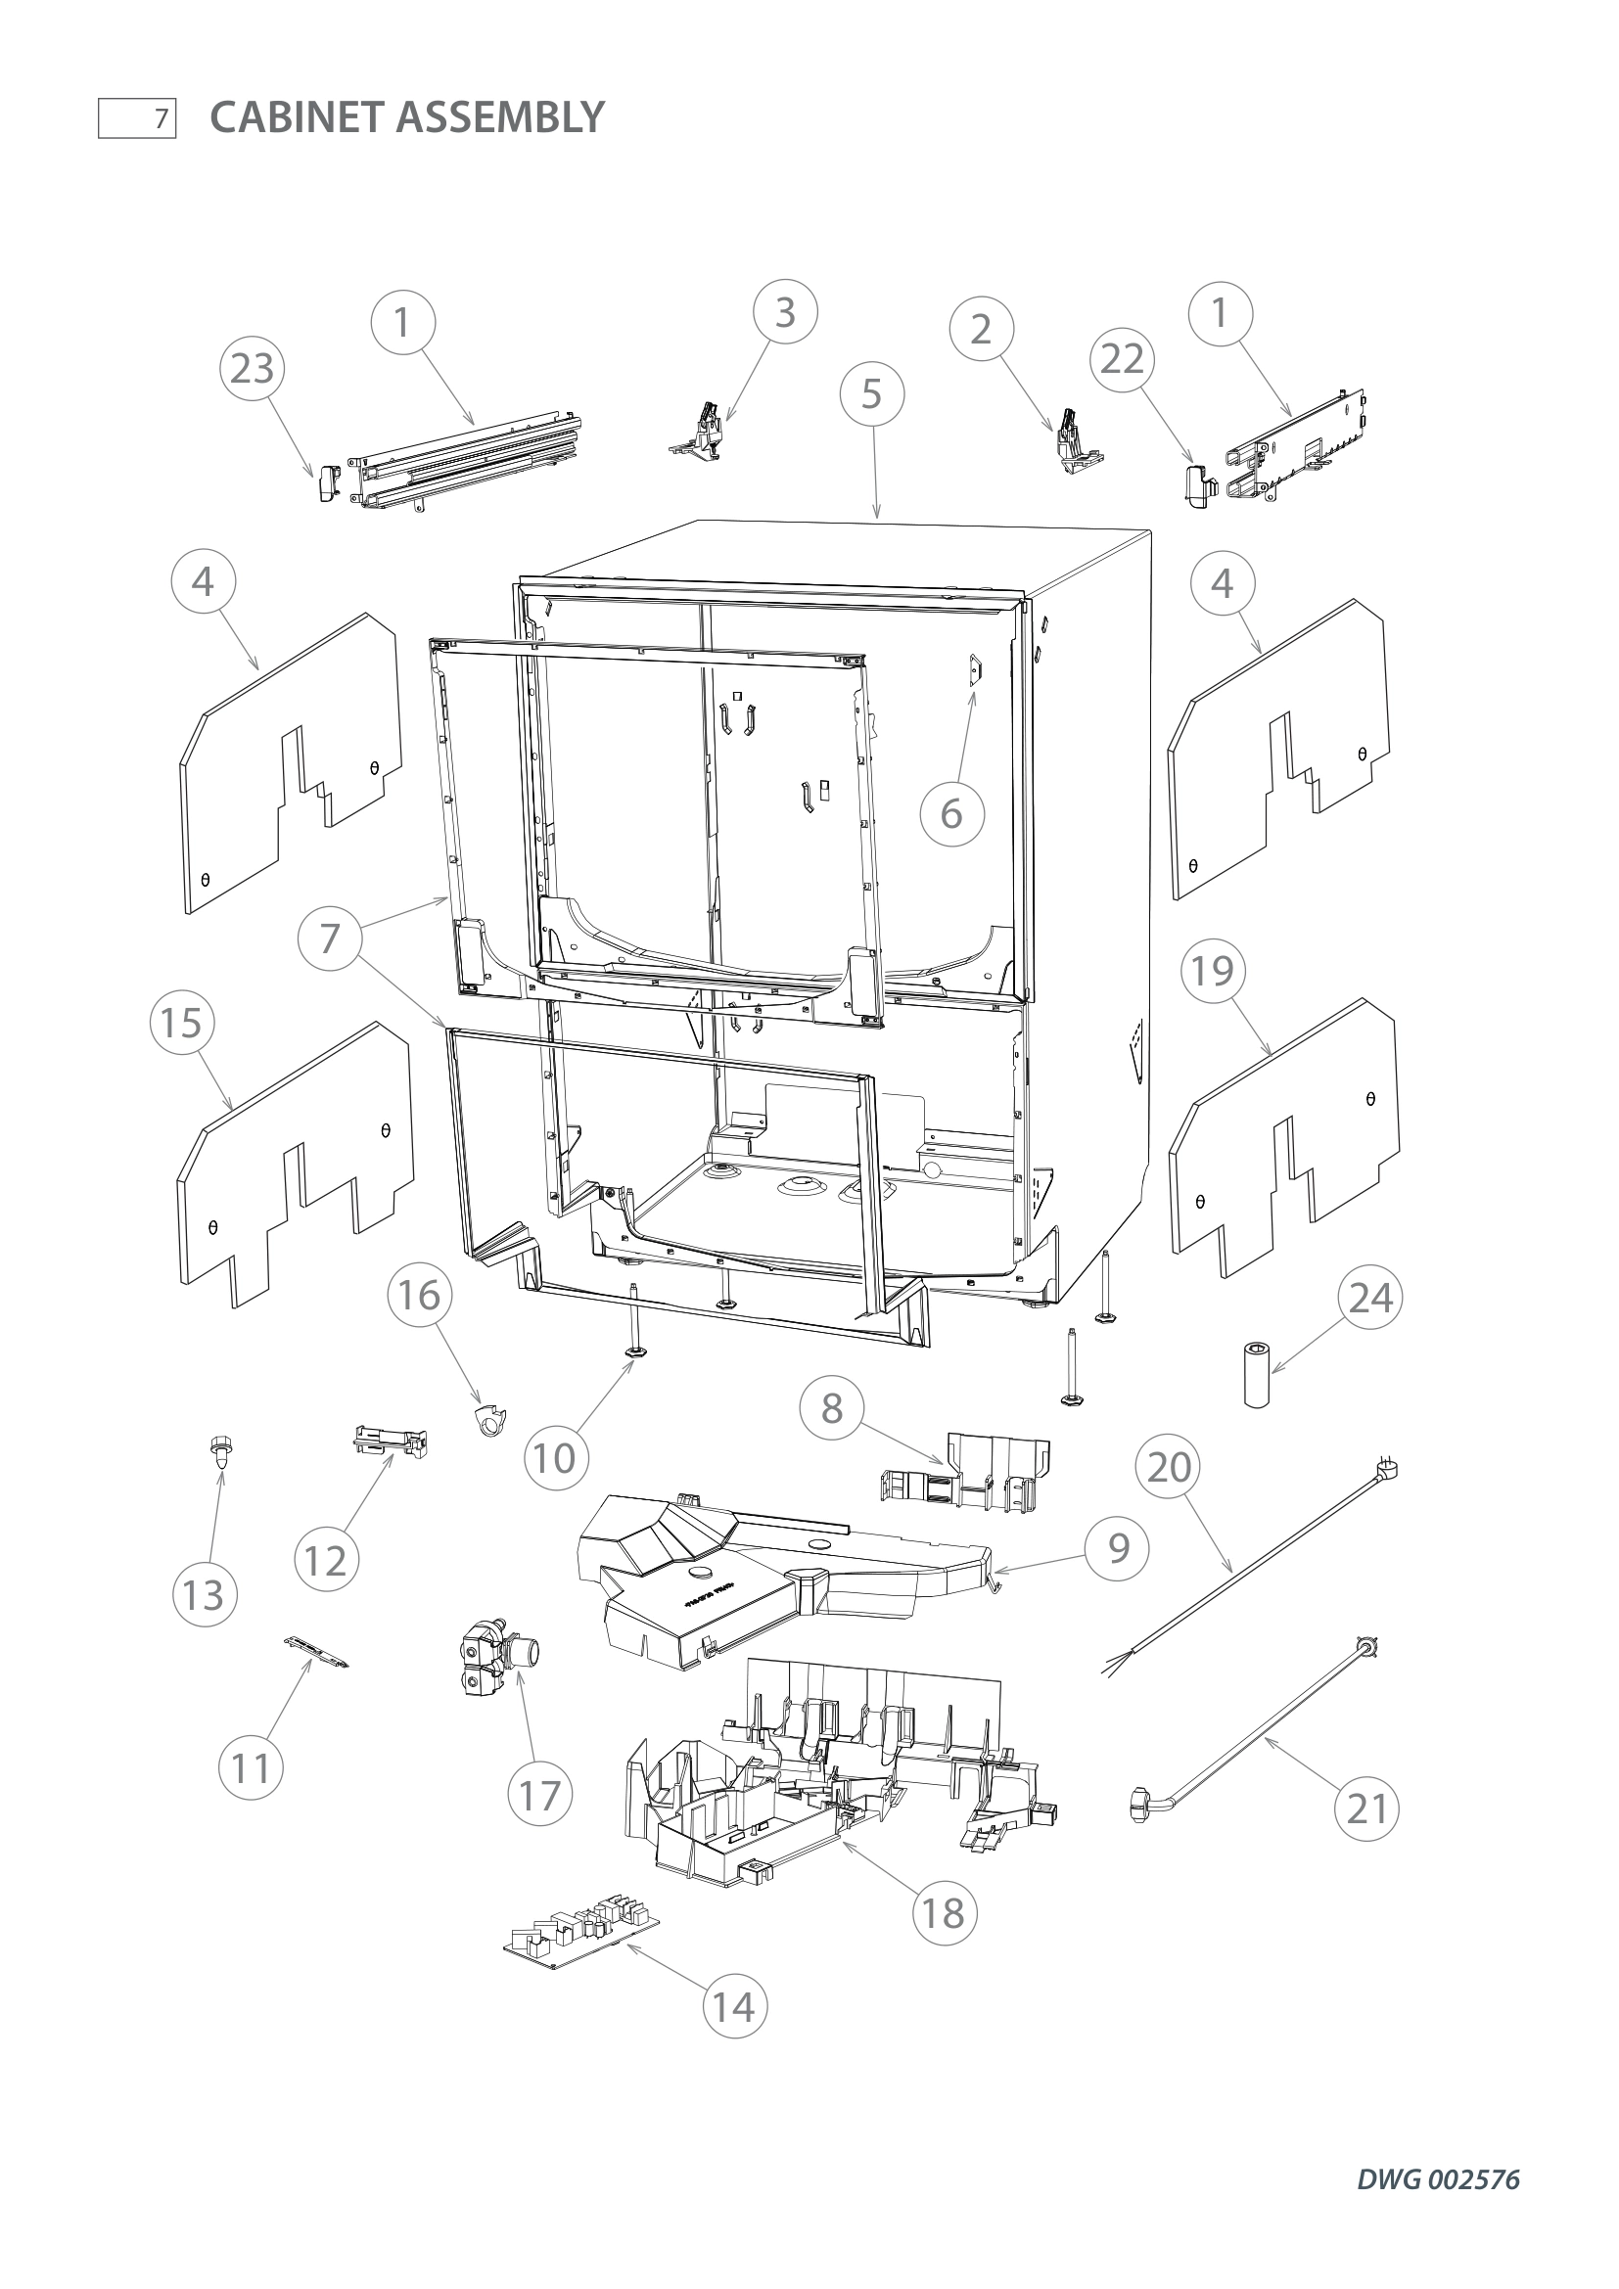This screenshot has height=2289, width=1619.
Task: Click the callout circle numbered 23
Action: click(253, 369)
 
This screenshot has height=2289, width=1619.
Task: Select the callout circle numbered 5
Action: click(871, 393)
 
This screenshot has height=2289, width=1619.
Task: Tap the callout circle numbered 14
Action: click(735, 2006)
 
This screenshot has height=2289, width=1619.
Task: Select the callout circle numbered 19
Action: click(1212, 971)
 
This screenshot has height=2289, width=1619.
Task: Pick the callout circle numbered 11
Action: click(251, 1768)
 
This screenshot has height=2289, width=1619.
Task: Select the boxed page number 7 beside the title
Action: click(138, 118)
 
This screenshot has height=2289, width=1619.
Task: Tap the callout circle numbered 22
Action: click(1123, 359)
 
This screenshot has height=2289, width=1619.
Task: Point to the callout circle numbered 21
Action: click(1366, 1808)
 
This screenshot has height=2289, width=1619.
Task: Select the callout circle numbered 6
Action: click(951, 813)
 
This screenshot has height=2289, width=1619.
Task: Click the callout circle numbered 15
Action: click(181, 1023)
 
